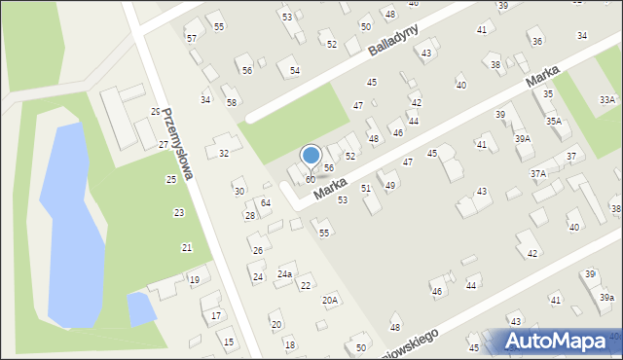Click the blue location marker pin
(x=311, y=156)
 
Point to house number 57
(x=192, y=38)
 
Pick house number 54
(x=294, y=71)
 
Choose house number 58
(x=231, y=102)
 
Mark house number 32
(x=224, y=153)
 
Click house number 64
(x=265, y=202)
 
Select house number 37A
(x=537, y=173)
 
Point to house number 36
(x=536, y=42)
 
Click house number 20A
(x=330, y=300)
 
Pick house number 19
(x=194, y=280)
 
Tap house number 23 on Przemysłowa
(x=178, y=212)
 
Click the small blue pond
(x=140, y=309)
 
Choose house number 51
(x=366, y=188)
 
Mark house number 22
(x=305, y=285)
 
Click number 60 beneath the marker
(x=310, y=180)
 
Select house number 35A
(x=553, y=122)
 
